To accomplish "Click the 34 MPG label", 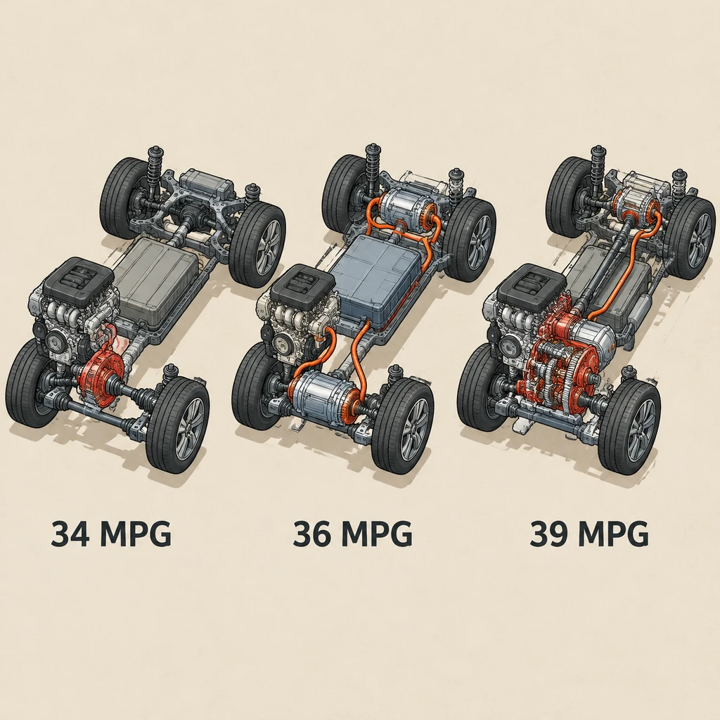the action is coord(110,533).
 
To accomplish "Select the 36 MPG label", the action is coord(352,533).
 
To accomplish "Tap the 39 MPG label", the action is coord(589,533).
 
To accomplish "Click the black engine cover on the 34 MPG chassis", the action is coord(78,283).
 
